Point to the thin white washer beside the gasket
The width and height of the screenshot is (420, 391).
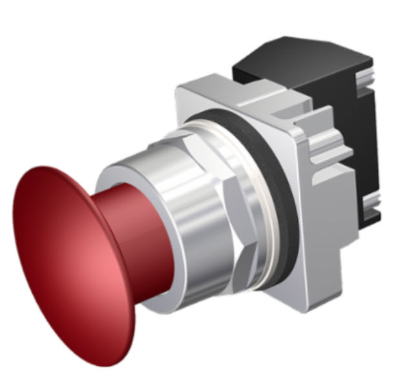[262, 213]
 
